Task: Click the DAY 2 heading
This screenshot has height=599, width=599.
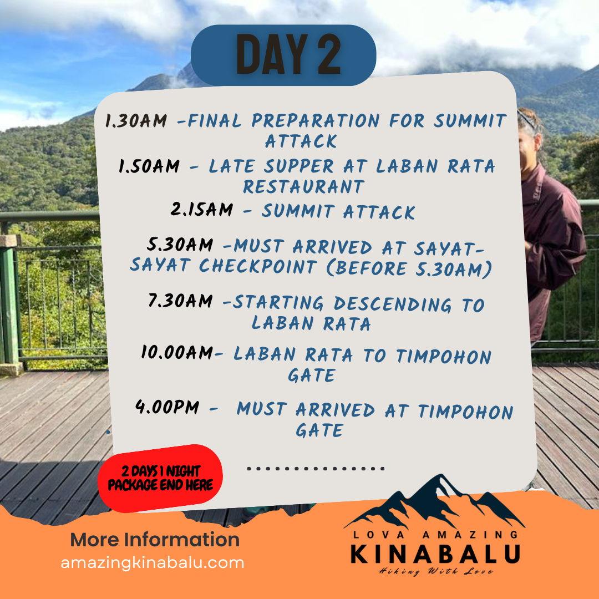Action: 288,54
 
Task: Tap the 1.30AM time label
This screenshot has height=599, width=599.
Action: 136,121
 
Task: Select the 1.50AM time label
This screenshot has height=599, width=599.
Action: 149,166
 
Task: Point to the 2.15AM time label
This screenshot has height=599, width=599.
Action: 202,209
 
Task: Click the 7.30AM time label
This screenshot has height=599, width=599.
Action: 180,301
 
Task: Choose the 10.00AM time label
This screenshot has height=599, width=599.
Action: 177,352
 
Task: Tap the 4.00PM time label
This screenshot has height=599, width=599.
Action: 167,407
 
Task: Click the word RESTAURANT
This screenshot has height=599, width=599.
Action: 304,187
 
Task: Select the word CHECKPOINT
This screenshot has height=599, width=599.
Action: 258,266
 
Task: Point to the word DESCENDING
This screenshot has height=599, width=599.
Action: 393,304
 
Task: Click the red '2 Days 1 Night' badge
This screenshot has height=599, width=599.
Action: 160,478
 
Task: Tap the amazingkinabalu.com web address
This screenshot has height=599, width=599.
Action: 153,563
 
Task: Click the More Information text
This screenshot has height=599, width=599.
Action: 155,540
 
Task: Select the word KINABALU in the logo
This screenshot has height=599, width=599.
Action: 435,554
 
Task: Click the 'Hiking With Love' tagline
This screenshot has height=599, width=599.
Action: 436,571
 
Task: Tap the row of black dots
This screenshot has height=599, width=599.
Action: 316,468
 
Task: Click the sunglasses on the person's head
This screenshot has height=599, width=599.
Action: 527,119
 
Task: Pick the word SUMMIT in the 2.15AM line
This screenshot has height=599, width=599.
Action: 298,211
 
